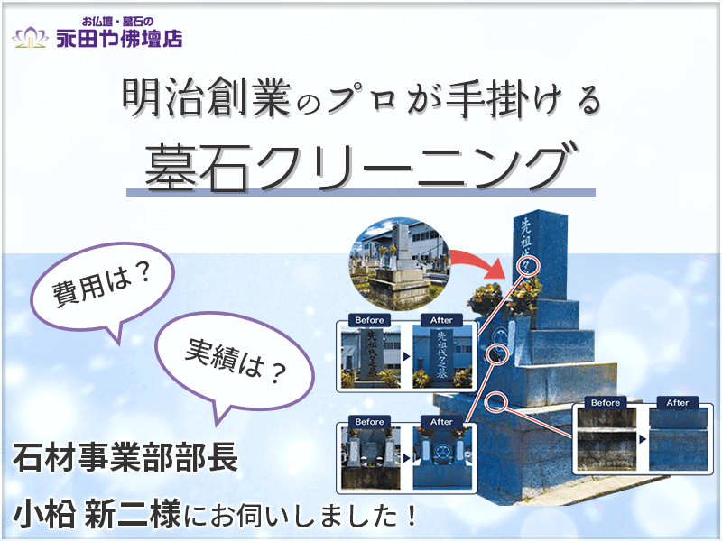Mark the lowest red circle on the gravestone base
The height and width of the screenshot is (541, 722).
pos(494,399)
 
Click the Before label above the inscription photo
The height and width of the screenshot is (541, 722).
pos(370,320)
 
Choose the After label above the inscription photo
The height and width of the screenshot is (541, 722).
pos(441,320)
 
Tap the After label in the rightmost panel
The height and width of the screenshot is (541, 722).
pos(678,402)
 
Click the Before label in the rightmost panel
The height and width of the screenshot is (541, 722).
pos(606,402)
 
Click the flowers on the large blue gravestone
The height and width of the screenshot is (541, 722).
pos(487,295)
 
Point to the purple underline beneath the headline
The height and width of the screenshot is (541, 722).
pos(361,192)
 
